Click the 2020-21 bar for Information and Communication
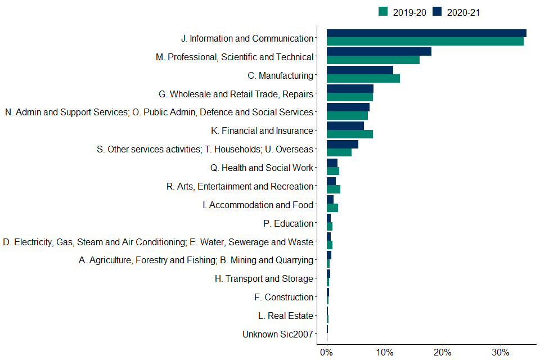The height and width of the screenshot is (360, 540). [x=426, y=33]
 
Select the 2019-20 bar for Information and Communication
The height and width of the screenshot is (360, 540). [x=425, y=41]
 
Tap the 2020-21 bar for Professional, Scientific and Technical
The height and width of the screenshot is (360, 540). [x=379, y=52]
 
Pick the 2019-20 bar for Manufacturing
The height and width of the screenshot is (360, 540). [x=363, y=78]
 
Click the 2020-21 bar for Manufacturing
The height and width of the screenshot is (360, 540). [x=359, y=70]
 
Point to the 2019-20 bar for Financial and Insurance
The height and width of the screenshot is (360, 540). [x=349, y=134]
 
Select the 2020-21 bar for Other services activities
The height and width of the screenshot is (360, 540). [x=342, y=145]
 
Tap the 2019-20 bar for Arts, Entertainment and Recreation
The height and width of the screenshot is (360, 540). [x=333, y=190]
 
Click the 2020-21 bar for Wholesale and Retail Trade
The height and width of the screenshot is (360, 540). [x=350, y=89]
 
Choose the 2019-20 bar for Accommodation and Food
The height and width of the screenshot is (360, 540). [x=332, y=208]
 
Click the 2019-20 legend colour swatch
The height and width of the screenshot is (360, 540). [x=383, y=12]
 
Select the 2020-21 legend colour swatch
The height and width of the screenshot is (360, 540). [x=437, y=12]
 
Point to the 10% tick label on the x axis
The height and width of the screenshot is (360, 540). [x=384, y=353]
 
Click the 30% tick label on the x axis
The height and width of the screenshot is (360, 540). [x=501, y=353]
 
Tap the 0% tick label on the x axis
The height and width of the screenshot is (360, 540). [x=326, y=353]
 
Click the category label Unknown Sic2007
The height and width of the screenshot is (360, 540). [x=277, y=334]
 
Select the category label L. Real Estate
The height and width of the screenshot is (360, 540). [x=285, y=316]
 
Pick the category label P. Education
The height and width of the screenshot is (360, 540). [x=288, y=223]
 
